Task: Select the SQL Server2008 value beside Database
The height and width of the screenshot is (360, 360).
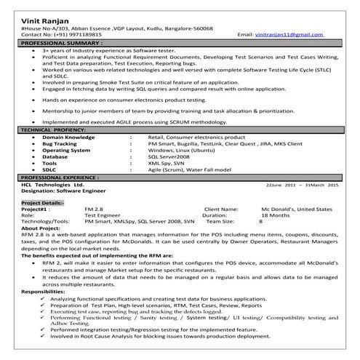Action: [x=168, y=156]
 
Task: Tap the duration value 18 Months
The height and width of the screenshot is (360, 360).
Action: [x=274, y=216]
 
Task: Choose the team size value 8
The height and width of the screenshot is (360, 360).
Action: [x=260, y=222]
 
